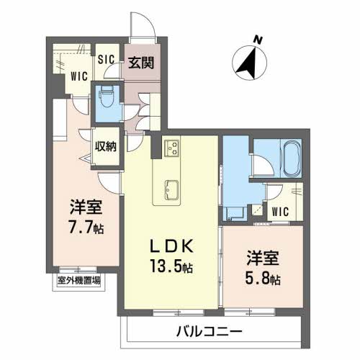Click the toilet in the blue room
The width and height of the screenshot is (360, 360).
pyautogui.click(x=106, y=96)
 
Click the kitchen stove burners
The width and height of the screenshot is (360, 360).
pyautogui.click(x=173, y=148)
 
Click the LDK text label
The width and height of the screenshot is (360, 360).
pyautogui.click(x=169, y=245)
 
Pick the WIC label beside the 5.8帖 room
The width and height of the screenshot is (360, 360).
pyautogui.click(x=283, y=213)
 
